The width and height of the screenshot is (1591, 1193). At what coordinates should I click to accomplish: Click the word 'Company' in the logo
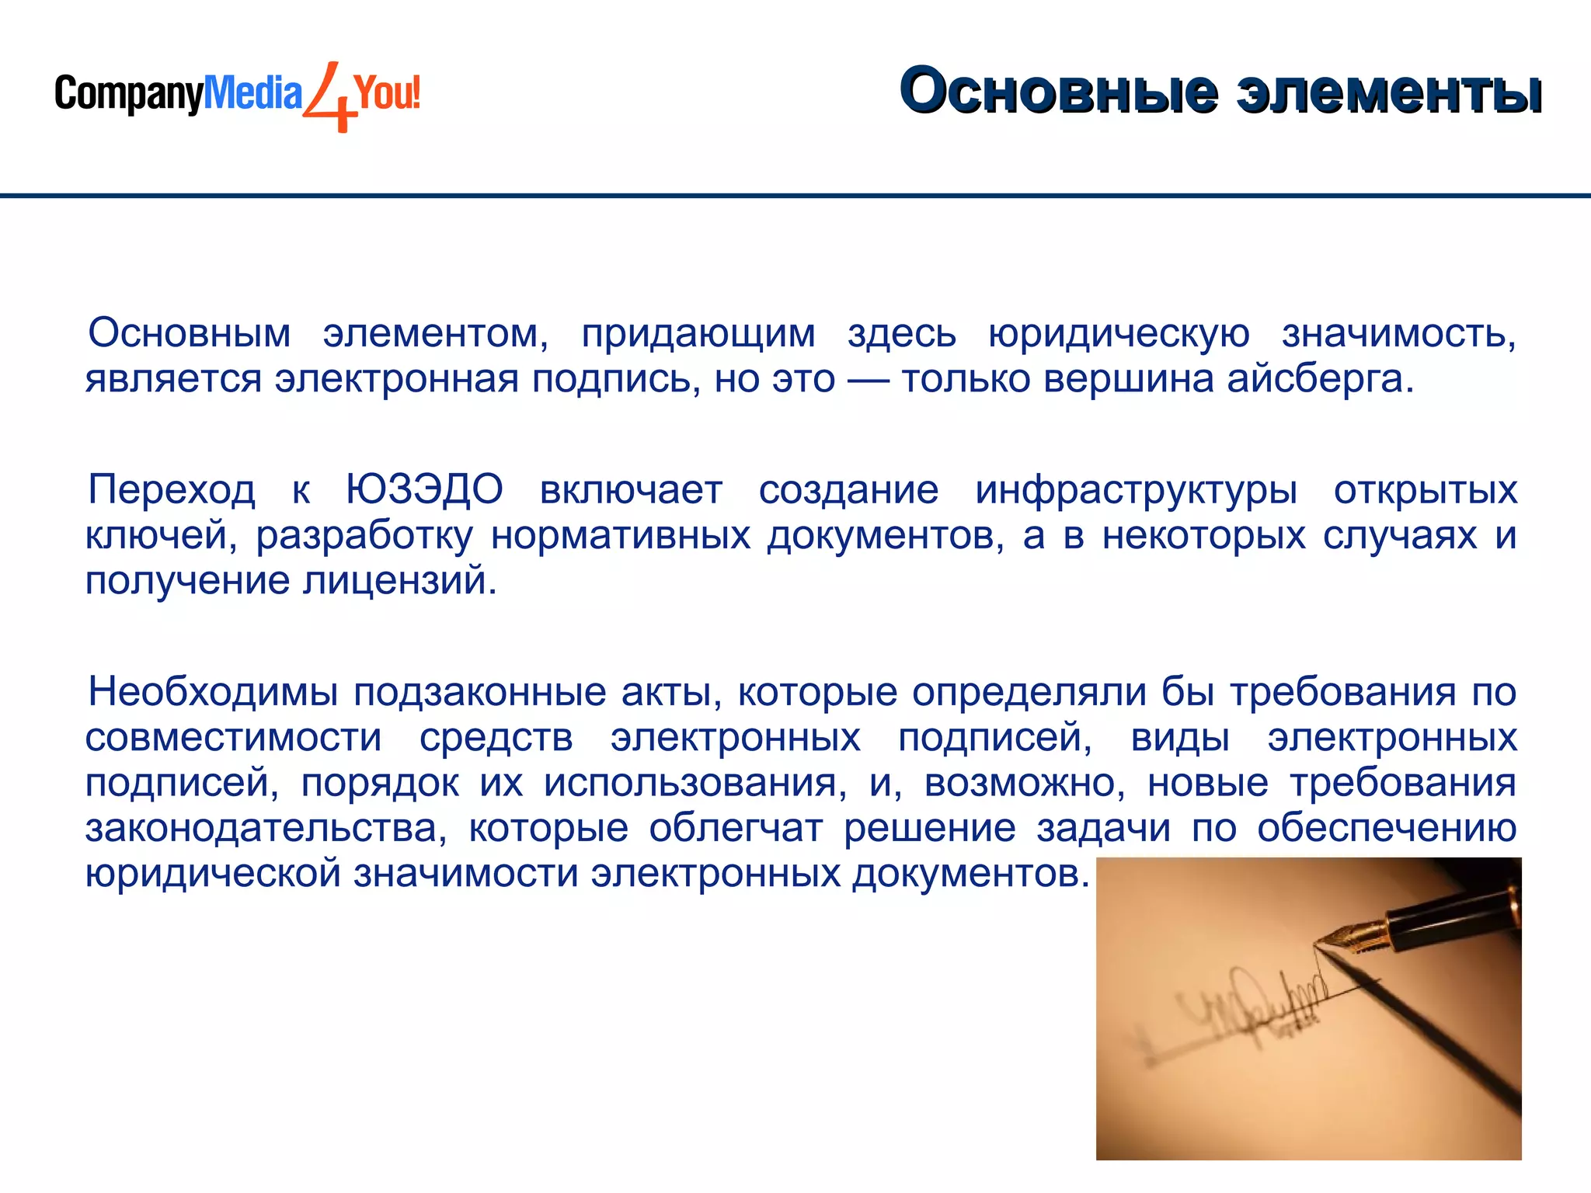pos(128,94)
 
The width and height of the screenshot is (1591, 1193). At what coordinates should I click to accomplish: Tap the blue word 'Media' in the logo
pos(252,93)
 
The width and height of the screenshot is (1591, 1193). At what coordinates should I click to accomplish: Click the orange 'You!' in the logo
pos(387,92)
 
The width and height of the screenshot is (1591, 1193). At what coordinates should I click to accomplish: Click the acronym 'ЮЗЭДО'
pos(424,490)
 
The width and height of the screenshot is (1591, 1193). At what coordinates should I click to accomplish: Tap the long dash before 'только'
pos(868,380)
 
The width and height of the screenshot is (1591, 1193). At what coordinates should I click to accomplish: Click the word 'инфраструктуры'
pos(1136,490)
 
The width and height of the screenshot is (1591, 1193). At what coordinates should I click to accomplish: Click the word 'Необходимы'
pos(213,691)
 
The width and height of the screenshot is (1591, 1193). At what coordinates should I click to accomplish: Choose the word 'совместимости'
pos(233,737)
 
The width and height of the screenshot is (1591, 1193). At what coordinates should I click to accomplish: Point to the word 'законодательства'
pos(264,828)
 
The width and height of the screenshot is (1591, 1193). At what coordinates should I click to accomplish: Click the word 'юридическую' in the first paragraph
pos(1119,334)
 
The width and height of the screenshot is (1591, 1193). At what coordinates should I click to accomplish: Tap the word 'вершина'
pos(1129,379)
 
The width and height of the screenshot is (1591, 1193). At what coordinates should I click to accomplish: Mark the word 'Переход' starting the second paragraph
pos(172,490)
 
